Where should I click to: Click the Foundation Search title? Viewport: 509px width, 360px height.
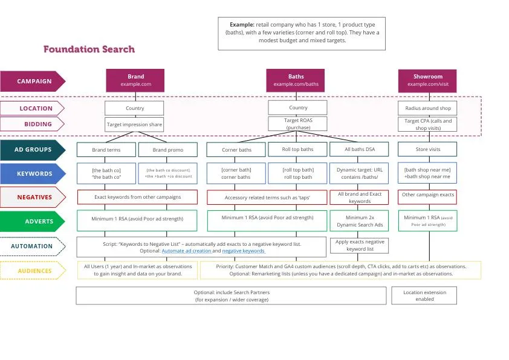point(89,50)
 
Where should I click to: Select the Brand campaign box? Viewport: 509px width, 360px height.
point(135,81)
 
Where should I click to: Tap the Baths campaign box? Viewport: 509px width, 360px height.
point(296,81)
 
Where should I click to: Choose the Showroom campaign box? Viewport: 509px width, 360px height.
point(427,81)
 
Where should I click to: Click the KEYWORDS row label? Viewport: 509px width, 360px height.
point(33,174)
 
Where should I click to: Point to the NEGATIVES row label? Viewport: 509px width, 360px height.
point(33,198)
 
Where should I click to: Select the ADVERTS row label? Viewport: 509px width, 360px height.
point(33,222)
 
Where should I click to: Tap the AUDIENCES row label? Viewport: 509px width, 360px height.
point(33,271)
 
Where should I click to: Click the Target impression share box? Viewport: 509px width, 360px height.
point(134,124)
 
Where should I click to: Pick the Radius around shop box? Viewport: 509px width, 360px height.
point(427,108)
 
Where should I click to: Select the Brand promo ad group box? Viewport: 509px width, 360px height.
point(167,150)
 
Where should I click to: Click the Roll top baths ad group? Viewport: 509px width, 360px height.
point(298,149)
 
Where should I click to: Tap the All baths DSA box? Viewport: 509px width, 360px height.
point(360,149)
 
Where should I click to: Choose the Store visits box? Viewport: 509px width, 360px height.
point(427,149)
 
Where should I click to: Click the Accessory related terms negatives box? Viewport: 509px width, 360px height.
point(267,198)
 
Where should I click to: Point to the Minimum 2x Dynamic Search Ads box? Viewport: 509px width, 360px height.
point(360,221)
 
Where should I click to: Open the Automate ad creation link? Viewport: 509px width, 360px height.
point(186,251)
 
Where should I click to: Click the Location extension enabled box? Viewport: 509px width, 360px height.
point(424,295)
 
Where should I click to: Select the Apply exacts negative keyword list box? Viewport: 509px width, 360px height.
point(360,245)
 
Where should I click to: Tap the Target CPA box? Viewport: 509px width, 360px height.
point(427,124)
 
